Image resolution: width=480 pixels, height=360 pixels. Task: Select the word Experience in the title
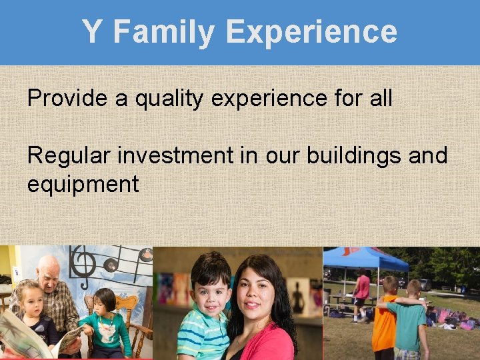(311, 32)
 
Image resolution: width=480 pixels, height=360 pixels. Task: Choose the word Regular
(69, 156)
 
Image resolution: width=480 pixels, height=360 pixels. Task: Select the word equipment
(83, 184)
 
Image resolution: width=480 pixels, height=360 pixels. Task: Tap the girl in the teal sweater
(106, 327)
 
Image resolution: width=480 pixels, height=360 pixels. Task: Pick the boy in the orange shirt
(385, 320)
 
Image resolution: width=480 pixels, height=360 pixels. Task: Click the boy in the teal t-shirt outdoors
(413, 320)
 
